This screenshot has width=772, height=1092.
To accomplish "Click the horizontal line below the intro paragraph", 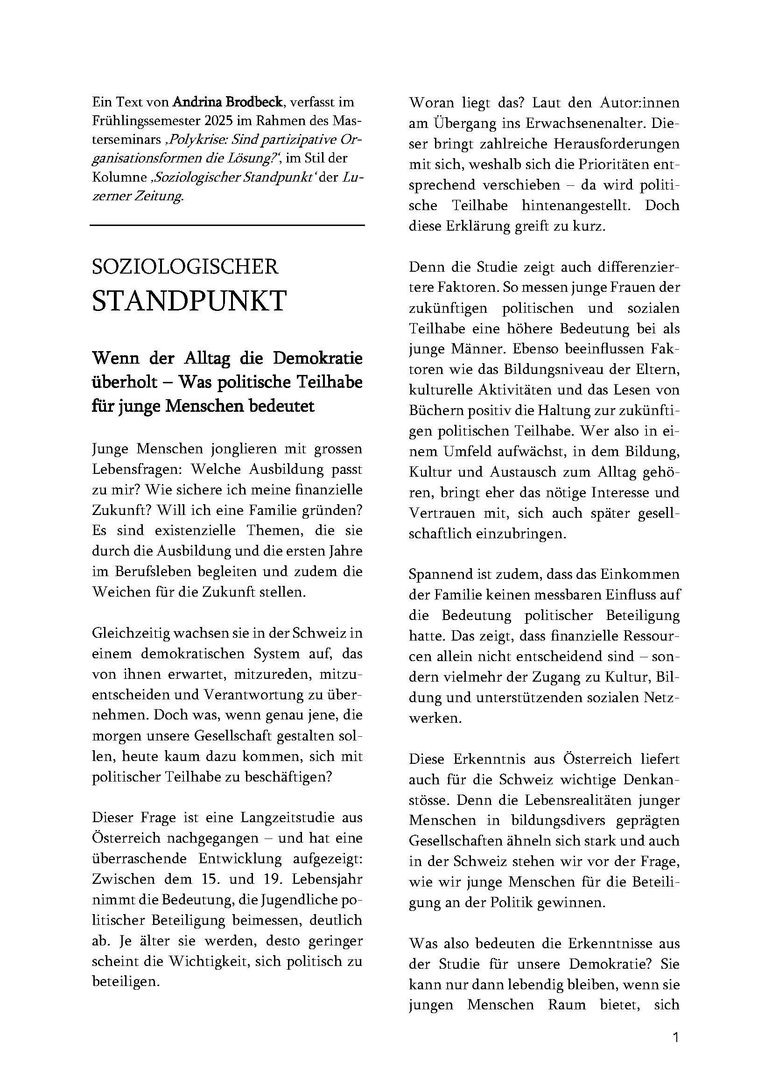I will tap(227, 225).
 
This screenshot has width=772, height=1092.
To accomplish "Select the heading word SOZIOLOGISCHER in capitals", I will tap(185, 267).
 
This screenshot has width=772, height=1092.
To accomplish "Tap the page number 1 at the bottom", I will tap(675, 1037).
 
